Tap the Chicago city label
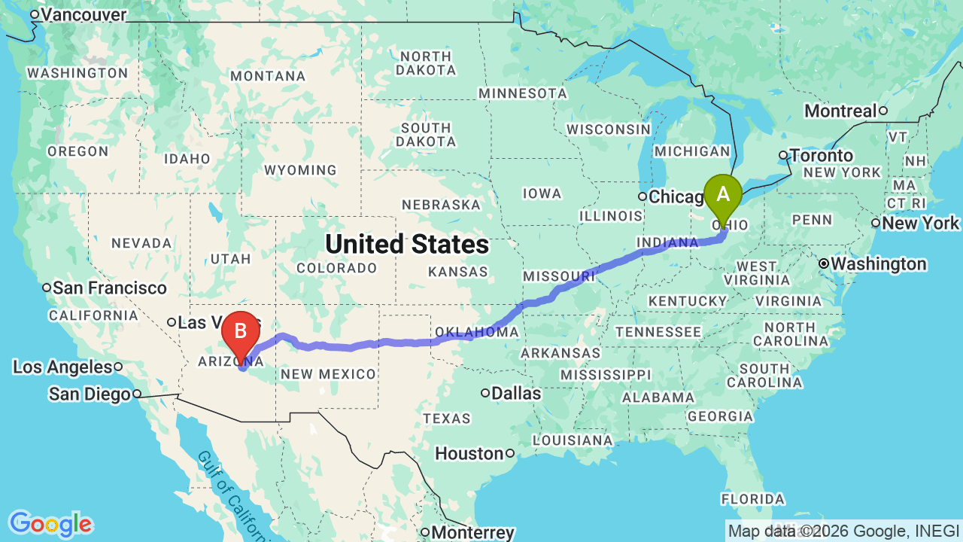point(675,197)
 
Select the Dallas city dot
point(486,392)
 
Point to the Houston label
point(469,453)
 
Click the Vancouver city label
point(84,14)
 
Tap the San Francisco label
point(110,288)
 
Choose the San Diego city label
point(90,394)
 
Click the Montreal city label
point(840,111)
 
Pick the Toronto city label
point(822,156)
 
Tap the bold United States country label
point(407,244)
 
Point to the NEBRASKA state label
point(441,205)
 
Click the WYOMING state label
point(300,170)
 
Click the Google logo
point(50,524)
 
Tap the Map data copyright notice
point(843,531)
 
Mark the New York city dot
point(876,223)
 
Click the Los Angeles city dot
point(119,367)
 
